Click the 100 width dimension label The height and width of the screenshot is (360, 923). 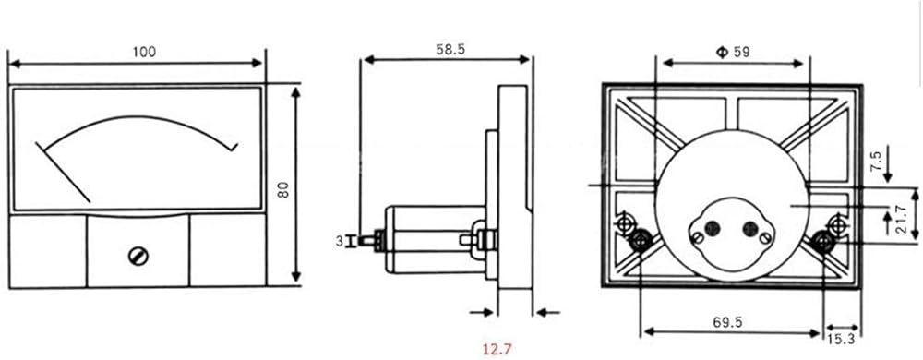tap(144, 52)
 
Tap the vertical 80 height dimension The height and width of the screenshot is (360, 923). tap(283, 189)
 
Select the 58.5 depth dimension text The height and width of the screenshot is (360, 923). tap(450, 50)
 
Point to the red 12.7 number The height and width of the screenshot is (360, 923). tap(497, 350)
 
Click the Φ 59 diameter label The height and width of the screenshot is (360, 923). tap(733, 52)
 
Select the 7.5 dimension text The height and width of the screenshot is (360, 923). tap(878, 160)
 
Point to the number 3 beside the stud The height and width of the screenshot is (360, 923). tap(340, 241)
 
